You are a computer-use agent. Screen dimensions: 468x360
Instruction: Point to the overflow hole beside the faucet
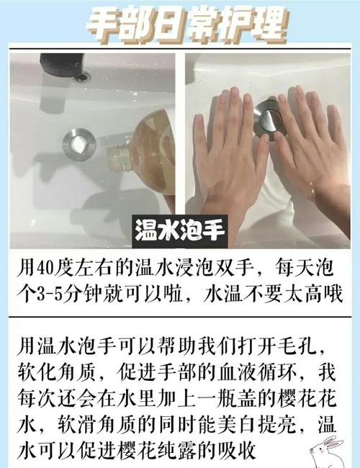coord(82,76)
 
